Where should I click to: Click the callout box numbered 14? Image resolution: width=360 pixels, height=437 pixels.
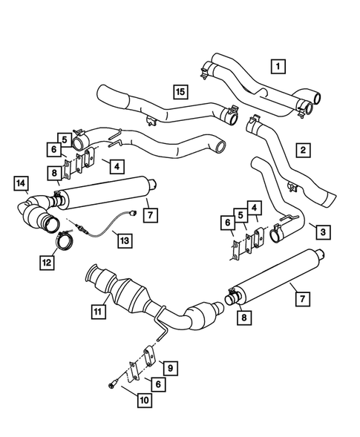coord(21,183)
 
